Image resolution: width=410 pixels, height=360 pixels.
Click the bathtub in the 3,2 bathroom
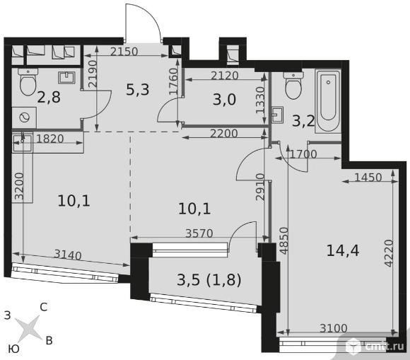[x=328, y=101]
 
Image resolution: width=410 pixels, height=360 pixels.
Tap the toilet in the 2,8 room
[x=28, y=82]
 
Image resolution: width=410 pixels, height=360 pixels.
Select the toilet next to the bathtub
[x=293, y=86]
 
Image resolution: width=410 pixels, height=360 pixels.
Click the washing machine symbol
[x=24, y=117]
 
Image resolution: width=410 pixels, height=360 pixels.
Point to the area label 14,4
[x=343, y=250]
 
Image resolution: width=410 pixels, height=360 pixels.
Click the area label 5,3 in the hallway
[x=138, y=90]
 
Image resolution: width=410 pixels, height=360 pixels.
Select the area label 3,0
[x=224, y=100]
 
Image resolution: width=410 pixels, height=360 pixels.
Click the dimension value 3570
[x=199, y=233]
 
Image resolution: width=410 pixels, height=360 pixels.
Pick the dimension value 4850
[x=284, y=240]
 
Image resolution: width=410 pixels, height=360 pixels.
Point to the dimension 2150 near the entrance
[x=124, y=52]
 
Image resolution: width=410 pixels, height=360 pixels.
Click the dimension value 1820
[x=50, y=139]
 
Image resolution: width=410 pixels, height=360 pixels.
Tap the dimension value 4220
[x=389, y=253]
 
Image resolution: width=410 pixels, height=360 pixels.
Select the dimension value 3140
[x=68, y=255]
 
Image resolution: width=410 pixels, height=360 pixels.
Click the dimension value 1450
[x=368, y=178]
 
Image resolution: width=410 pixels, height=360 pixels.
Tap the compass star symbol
[x=28, y=329]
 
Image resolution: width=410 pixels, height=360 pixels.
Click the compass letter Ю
[x=13, y=349]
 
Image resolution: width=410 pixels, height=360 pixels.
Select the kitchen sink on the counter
[x=22, y=143]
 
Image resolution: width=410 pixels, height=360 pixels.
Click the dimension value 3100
[x=334, y=328]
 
